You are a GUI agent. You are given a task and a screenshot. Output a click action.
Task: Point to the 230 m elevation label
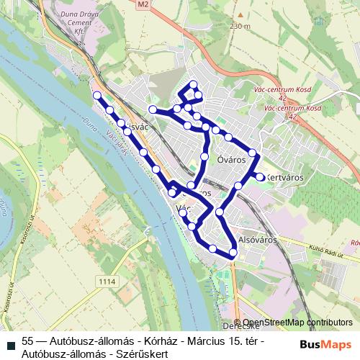[240, 27]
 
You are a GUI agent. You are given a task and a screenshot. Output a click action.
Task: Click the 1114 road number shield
[108, 281]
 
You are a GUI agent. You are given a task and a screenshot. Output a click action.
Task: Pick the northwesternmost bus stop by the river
[97, 95]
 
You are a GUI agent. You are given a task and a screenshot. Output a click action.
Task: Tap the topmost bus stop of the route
[194, 85]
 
